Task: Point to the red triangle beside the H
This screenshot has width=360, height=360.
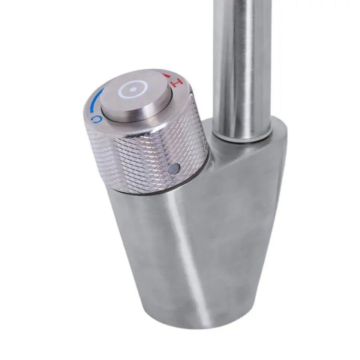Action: point(166,76)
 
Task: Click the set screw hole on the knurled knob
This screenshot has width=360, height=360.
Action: point(174,168)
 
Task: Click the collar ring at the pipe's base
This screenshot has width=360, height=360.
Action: point(241,133)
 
